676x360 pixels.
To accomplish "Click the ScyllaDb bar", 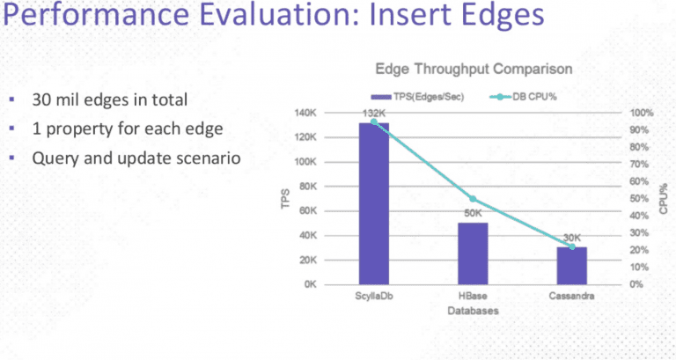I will click(373, 203).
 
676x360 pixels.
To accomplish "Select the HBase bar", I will click(473, 253).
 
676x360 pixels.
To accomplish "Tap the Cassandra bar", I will click(571, 266).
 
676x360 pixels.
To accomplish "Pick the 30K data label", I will click(572, 238).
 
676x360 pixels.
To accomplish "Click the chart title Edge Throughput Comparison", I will click(474, 69).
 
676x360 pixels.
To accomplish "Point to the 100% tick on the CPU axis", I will click(641, 113).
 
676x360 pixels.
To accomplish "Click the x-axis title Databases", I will click(473, 312).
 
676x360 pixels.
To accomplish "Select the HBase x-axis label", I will click(473, 298).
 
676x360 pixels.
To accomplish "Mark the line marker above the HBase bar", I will click(473, 199).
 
